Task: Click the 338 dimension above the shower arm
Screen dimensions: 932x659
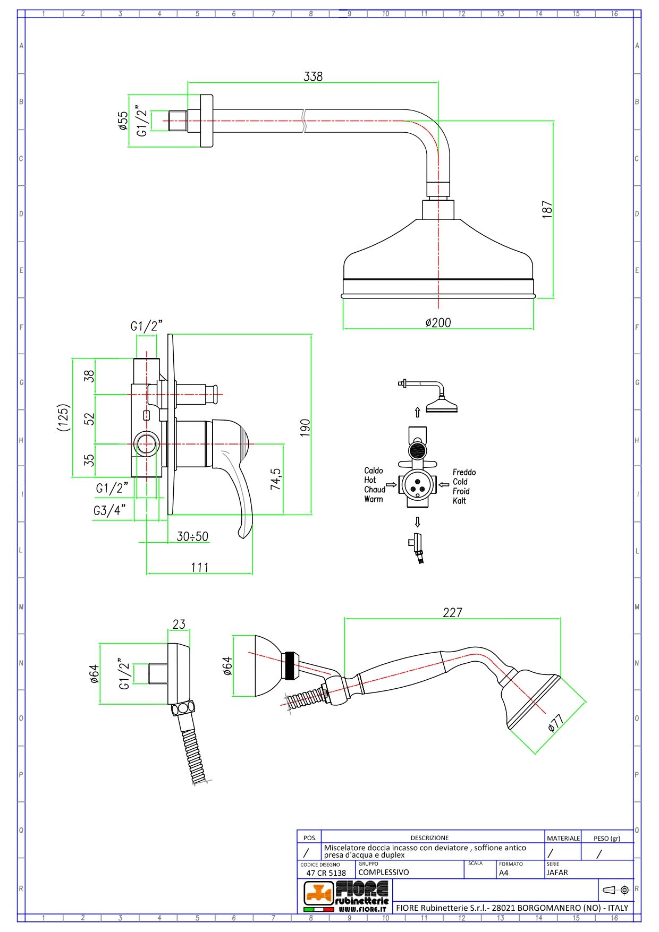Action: pos(313,76)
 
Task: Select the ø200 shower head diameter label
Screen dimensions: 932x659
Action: pos(438,322)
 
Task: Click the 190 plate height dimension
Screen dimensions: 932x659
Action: pos(305,428)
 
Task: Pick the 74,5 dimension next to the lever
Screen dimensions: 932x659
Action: pos(275,479)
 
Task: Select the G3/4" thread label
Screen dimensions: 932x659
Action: pos(109,510)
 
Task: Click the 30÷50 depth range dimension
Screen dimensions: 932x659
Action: pos(192,536)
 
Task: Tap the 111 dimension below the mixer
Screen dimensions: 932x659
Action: pos(200,567)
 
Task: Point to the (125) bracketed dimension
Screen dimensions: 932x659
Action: pos(64,417)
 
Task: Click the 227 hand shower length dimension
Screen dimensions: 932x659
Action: pos(452,612)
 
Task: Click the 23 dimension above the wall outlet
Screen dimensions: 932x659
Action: pos(179,624)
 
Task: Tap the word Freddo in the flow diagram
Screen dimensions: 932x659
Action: pos(464,472)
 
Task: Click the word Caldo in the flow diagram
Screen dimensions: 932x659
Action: pos(373,471)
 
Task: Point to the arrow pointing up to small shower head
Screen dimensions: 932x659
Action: pos(417,412)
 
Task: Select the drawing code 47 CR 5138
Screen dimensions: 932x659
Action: pos(326,873)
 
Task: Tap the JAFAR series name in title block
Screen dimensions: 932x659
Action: pos(557,872)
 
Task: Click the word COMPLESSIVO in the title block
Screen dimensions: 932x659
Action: pos(383,872)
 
